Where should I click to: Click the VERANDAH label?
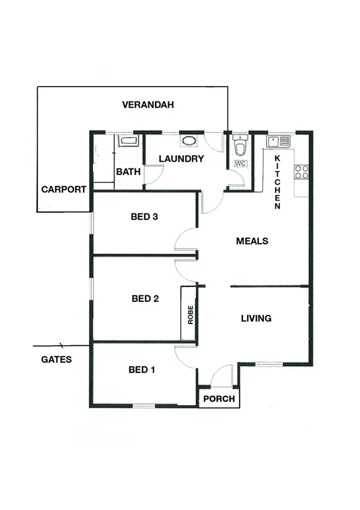point(148,105)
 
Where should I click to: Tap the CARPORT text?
point(64,189)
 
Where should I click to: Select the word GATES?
point(56,360)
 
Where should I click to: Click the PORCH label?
point(218,399)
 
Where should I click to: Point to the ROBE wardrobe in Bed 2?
point(190,313)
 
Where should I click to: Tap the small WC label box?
point(240,164)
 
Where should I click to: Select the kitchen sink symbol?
point(278,142)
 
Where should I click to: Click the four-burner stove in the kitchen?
point(302,172)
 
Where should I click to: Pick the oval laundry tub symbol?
point(189,143)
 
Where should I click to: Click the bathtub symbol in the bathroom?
point(128,142)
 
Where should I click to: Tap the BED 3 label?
point(144,217)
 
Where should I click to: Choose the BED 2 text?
point(145,298)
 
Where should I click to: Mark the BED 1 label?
point(142,370)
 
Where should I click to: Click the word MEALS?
point(252,241)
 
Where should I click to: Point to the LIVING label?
point(256,318)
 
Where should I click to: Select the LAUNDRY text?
point(182,159)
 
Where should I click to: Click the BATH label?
point(128,172)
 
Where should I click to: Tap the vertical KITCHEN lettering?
point(278,182)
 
